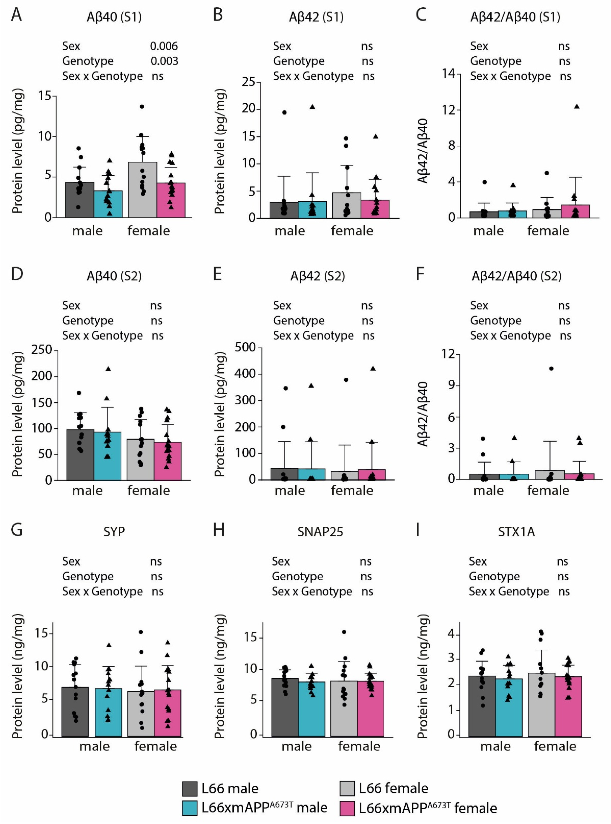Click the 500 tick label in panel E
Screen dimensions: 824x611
click(245, 347)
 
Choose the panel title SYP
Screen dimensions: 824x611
click(114, 532)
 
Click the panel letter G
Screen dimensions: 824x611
click(17, 530)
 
